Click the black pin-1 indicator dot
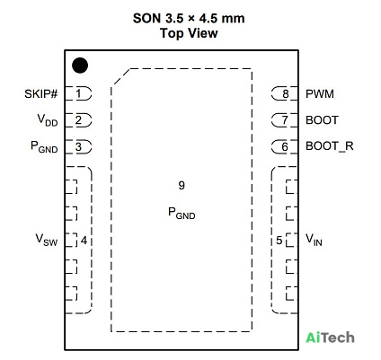point(80,66)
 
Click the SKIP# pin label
point(40,94)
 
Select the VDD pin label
point(48,120)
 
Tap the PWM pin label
point(320,94)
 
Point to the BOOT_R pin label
point(330,146)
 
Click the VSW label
point(47,240)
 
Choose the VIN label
point(314,240)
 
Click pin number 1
point(78,93)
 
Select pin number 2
point(78,120)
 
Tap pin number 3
point(78,146)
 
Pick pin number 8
point(286,94)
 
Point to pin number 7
point(285,120)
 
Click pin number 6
point(285,147)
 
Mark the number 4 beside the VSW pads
point(84,241)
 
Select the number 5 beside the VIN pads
point(279,241)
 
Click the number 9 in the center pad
point(182,186)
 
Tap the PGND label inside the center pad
point(182,213)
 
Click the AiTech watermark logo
point(330,338)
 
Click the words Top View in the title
point(189,33)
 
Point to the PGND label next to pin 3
point(44,146)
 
